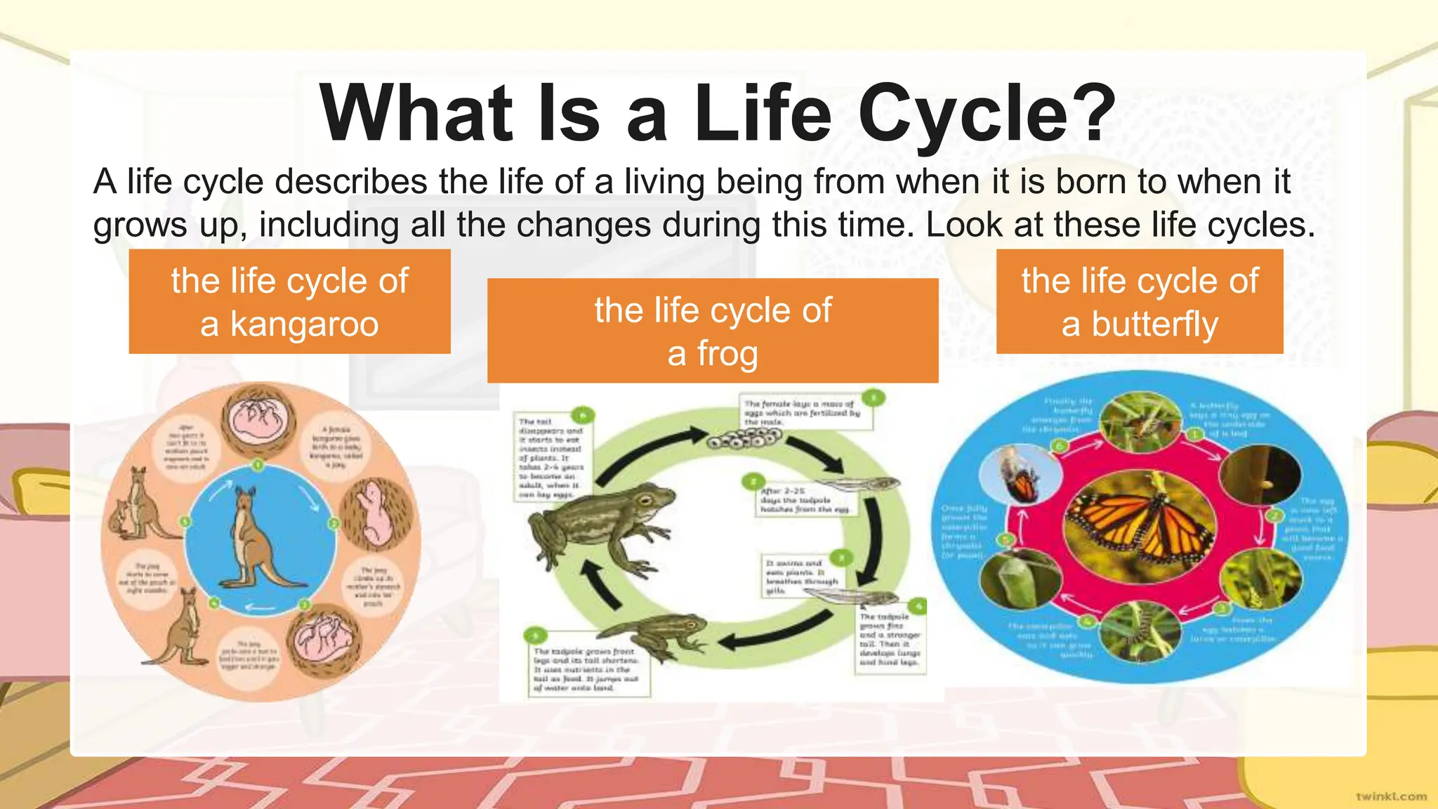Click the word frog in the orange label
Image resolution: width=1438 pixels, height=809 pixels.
click(x=713, y=353)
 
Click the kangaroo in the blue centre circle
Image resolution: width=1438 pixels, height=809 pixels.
click(x=255, y=537)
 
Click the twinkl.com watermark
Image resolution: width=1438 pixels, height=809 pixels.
click(x=1391, y=796)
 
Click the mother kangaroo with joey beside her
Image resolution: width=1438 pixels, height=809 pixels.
click(x=138, y=506)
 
